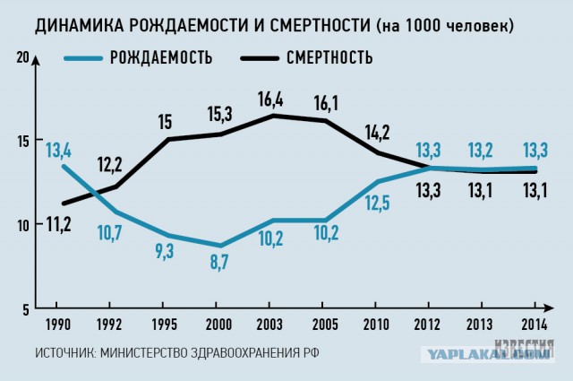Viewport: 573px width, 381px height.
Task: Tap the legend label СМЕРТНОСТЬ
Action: [x=328, y=60]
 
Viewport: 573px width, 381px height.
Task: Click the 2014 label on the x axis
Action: [x=535, y=323]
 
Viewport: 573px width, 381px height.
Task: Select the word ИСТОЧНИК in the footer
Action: [x=65, y=352]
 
